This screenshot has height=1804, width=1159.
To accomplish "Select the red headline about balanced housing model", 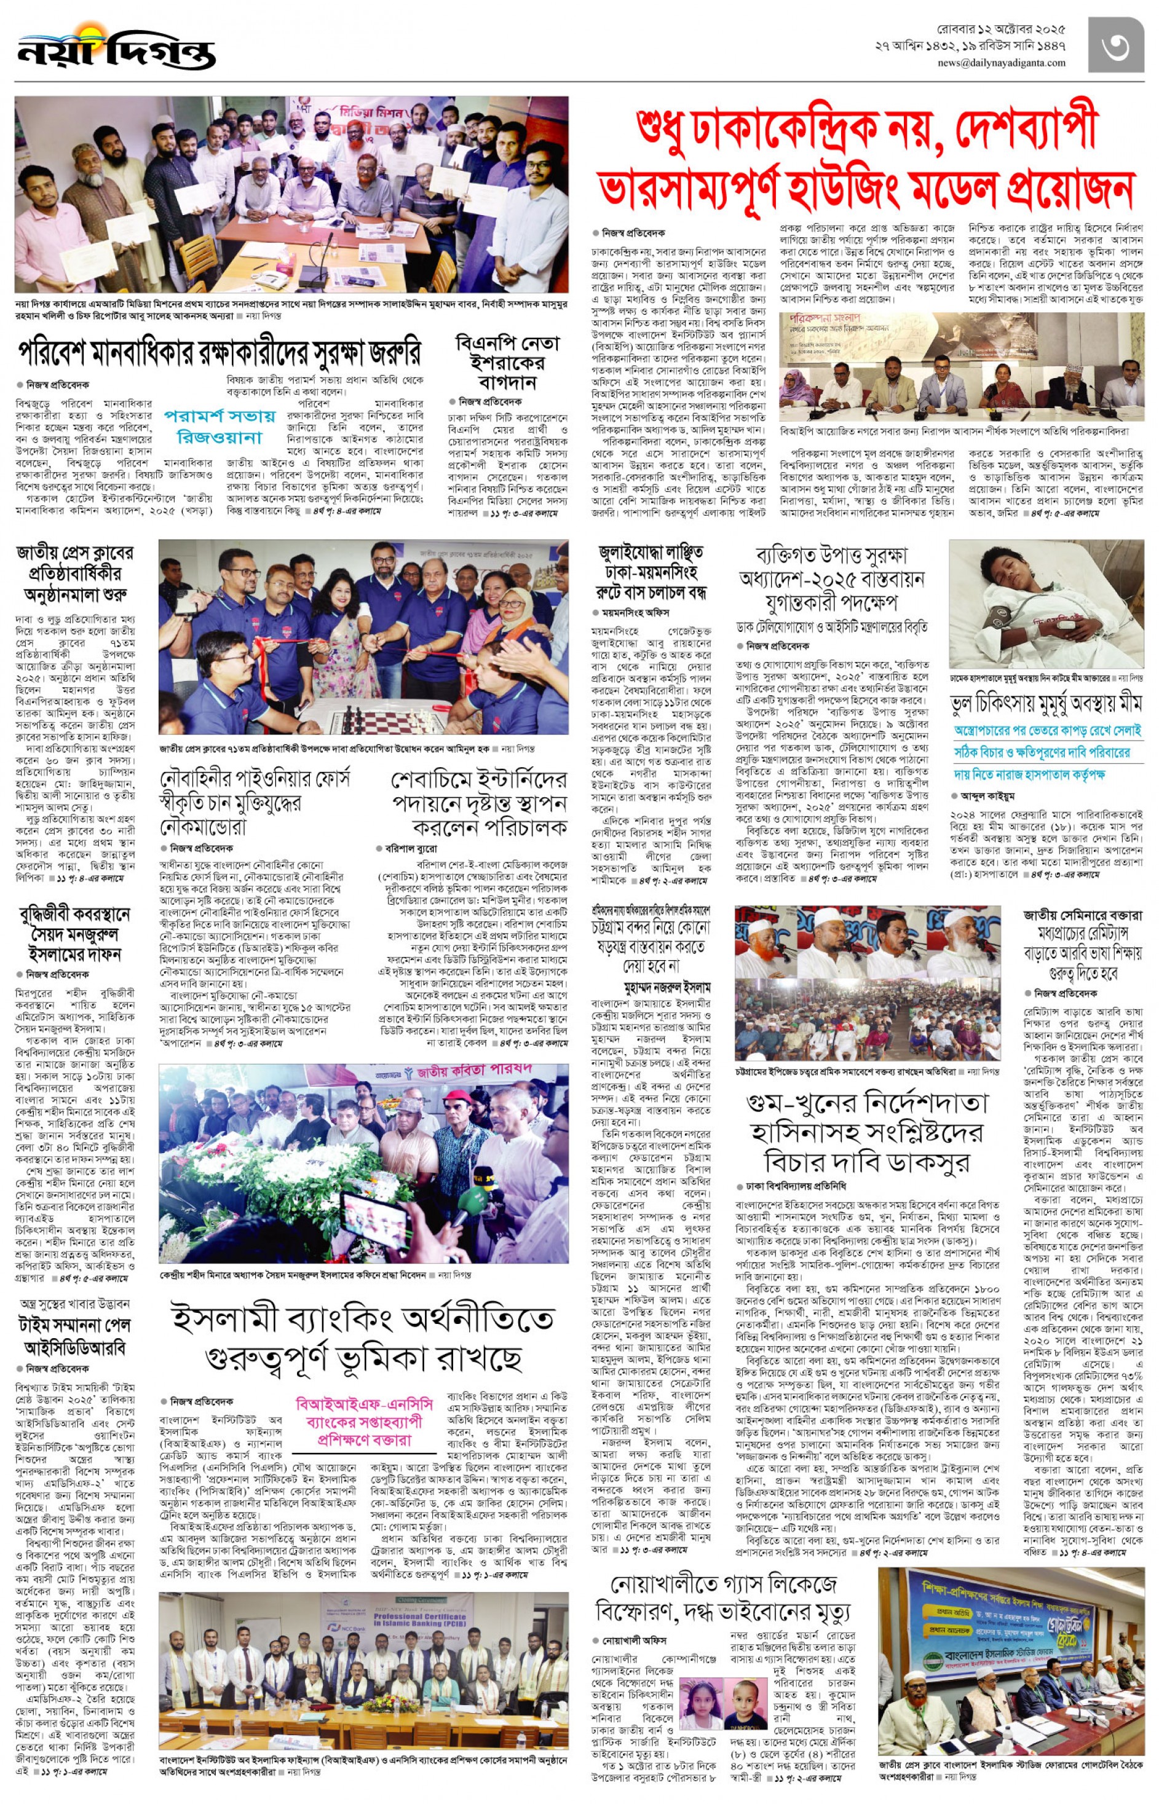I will pos(866,160).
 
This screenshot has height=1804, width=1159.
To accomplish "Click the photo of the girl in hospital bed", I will pos(1045,608).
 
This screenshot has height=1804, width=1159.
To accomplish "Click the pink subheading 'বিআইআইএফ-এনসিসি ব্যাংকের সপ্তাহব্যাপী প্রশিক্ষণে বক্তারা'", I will pos(364,1421).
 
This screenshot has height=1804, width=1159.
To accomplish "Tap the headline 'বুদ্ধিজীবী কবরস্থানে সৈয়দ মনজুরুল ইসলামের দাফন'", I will pos(74,934).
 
